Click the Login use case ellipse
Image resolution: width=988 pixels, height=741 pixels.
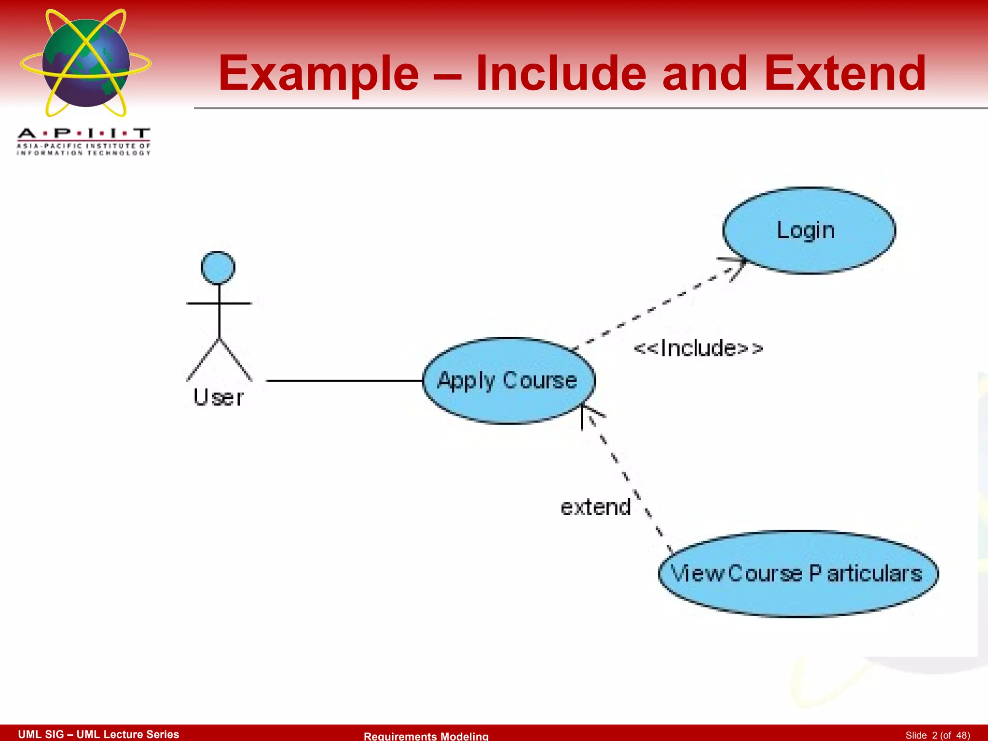tap(809, 231)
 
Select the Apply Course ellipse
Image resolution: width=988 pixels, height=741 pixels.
tap(508, 381)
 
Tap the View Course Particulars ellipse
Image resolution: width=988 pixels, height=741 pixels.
tap(798, 574)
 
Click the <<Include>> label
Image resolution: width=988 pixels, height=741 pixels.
tap(698, 348)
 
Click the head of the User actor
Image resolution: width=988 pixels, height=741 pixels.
tap(218, 268)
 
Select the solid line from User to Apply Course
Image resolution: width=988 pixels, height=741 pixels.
tap(344, 381)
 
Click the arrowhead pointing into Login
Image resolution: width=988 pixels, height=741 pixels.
tap(737, 266)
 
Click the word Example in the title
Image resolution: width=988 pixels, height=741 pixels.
tap(318, 74)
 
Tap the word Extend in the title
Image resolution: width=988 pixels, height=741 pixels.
tap(845, 74)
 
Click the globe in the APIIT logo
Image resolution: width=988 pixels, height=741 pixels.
tap(86, 63)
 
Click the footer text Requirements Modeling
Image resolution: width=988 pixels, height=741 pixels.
tap(426, 736)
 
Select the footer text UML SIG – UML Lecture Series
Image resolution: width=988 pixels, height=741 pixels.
tap(98, 734)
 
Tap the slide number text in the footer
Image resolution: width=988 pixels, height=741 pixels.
tap(937, 735)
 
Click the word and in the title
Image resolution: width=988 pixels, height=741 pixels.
tap(704, 74)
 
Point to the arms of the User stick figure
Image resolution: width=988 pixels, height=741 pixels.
tap(219, 303)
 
